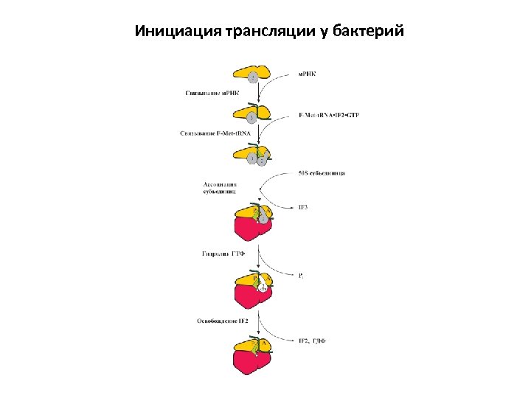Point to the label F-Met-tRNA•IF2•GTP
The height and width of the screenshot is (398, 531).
click(329, 116)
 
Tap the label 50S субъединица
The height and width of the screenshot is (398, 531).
click(322, 173)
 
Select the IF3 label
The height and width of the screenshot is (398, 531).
click(303, 208)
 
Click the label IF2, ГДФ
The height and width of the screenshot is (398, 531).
click(312, 341)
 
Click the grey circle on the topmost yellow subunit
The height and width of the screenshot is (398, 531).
click(253, 77)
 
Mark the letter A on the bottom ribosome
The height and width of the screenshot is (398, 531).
click(264, 343)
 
